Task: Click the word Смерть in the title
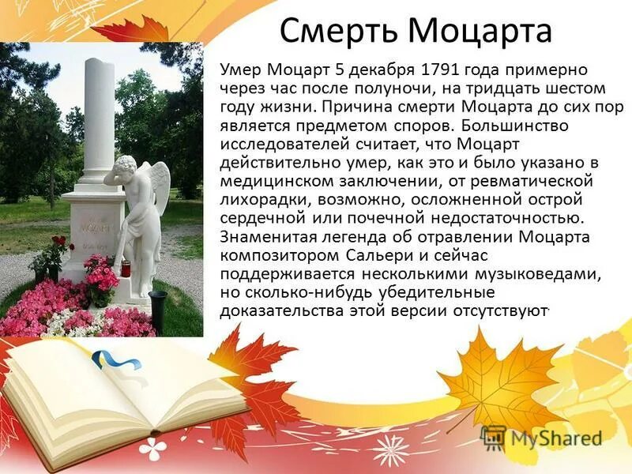pos(338,32)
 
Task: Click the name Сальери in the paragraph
pos(346,254)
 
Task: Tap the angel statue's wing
pos(160,186)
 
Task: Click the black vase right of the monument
pos(157,304)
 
